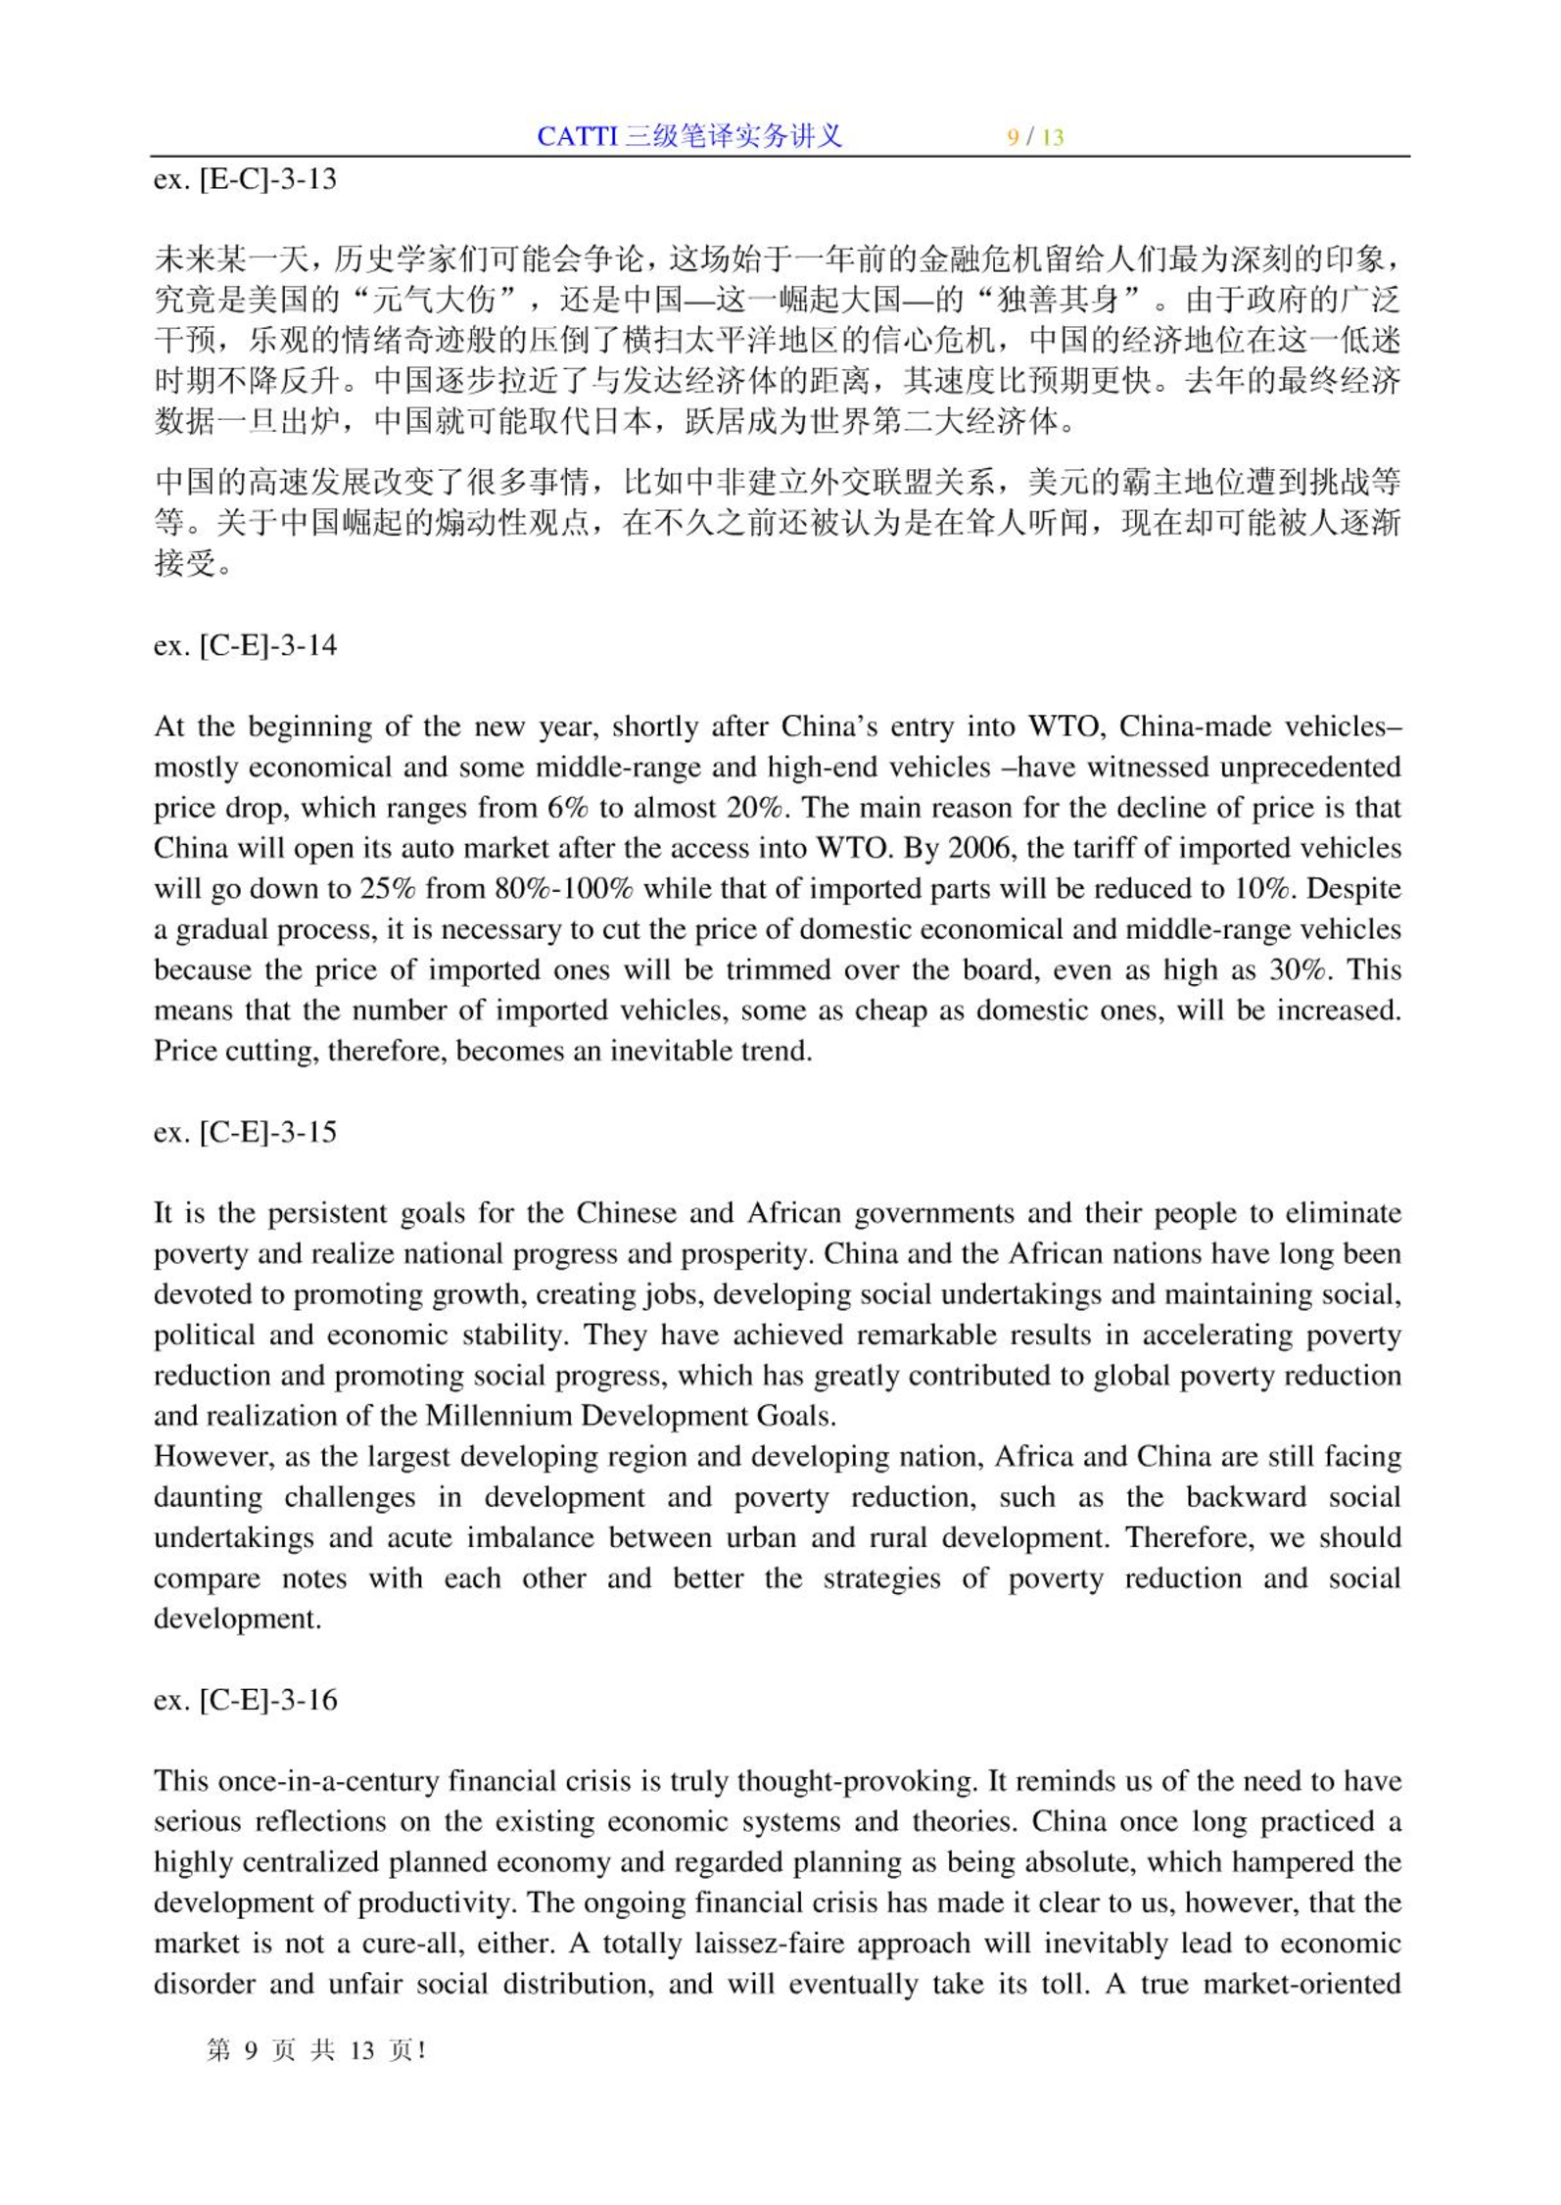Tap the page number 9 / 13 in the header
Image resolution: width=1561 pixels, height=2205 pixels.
(x=1035, y=137)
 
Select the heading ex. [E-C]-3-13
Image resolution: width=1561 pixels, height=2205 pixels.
(x=245, y=179)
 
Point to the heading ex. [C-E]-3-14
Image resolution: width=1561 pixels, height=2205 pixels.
(x=245, y=645)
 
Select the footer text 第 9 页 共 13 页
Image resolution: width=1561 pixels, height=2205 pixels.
(x=315, y=2049)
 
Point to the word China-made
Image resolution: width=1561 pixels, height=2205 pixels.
(x=1196, y=727)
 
